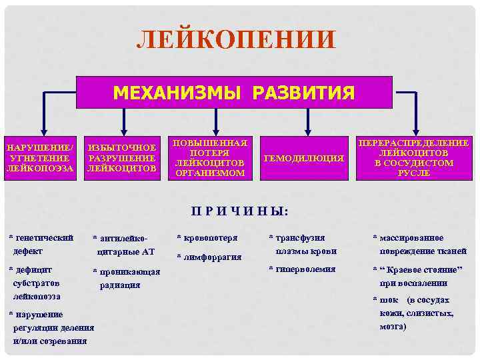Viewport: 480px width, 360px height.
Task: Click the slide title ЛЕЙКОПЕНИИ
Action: click(235, 40)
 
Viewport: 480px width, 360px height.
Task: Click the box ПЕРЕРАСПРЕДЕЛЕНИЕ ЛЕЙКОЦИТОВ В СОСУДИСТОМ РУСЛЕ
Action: click(414, 158)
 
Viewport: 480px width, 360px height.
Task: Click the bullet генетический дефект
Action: click(40, 245)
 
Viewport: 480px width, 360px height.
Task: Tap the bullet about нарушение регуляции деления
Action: click(50, 327)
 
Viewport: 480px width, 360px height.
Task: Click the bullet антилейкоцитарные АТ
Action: click(127, 245)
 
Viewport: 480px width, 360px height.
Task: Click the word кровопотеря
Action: click(211, 237)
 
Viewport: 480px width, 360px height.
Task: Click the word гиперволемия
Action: click(303, 269)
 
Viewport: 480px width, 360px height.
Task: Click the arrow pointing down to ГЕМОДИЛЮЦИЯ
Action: click(307, 123)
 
